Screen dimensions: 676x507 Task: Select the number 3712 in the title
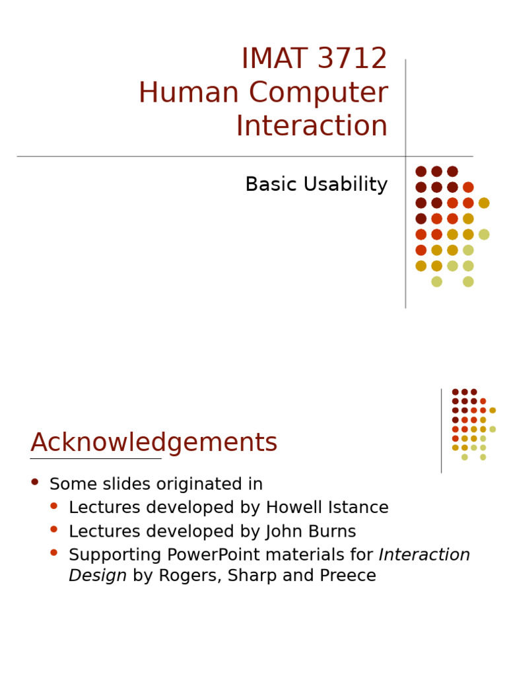coord(352,59)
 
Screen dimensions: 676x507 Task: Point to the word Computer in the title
coord(318,93)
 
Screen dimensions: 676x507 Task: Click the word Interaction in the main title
coord(312,127)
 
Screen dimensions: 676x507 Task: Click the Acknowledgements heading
coord(154,443)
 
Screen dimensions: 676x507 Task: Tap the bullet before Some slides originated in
coord(35,482)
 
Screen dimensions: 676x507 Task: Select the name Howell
coord(293,508)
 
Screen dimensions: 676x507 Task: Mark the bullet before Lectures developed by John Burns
coord(54,529)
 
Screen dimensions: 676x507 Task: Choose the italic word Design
coord(98,576)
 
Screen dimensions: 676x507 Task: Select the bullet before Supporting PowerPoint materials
coord(54,553)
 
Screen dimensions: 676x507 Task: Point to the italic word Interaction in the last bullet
coord(424,555)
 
